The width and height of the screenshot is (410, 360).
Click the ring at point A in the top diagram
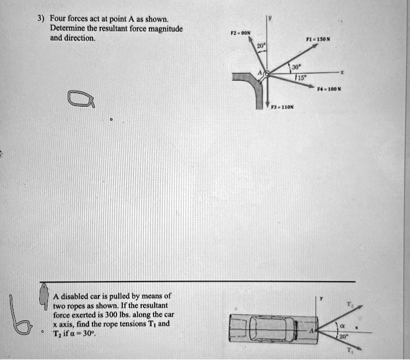coord(266,74)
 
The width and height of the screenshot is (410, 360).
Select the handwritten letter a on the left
coord(81,100)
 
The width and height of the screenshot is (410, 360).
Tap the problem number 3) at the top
coord(40,18)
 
